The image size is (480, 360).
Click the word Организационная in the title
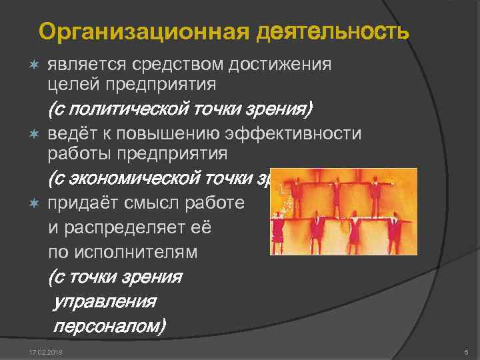(143, 32)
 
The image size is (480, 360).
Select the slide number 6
(465, 351)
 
